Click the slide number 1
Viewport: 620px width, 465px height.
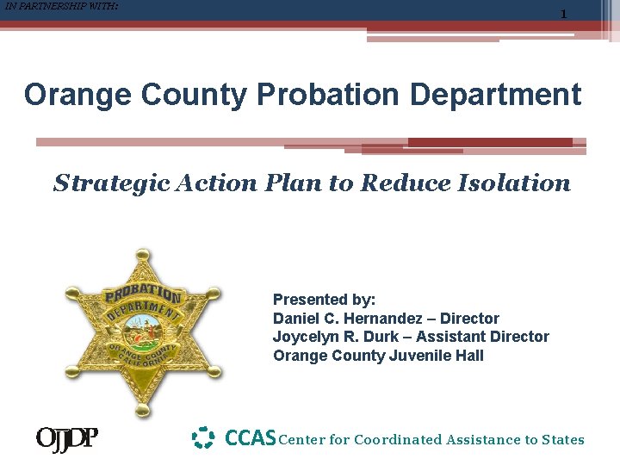[x=563, y=15]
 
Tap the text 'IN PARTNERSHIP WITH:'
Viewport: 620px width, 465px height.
[x=61, y=7]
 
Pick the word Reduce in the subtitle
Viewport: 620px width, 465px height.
[x=403, y=183]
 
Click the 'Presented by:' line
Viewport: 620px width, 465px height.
[x=324, y=300]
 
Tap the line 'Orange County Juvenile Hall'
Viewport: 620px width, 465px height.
[x=378, y=356]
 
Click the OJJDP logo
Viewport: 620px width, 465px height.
[x=66, y=439]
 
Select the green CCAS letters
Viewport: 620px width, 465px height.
[x=250, y=438]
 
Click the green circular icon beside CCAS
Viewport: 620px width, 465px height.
[x=202, y=438]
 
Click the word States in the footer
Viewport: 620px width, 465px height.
[x=562, y=440]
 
